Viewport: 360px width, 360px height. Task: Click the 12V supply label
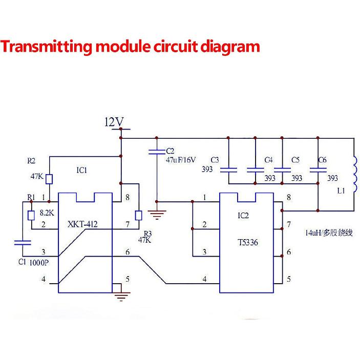pyautogui.click(x=114, y=122)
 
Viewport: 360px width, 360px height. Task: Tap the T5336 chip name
pyautogui.click(x=248, y=243)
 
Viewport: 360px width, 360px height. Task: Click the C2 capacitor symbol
pyautogui.click(x=157, y=151)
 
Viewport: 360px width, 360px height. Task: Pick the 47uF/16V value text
pyautogui.click(x=180, y=160)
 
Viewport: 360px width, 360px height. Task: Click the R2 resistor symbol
pyautogui.click(x=49, y=179)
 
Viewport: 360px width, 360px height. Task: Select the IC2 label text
pyautogui.click(x=243, y=216)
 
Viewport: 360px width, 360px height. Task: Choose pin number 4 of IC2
pyautogui.click(x=205, y=279)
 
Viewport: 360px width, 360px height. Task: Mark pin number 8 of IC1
pyautogui.click(x=128, y=197)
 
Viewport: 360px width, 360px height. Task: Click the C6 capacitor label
pyautogui.click(x=322, y=160)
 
